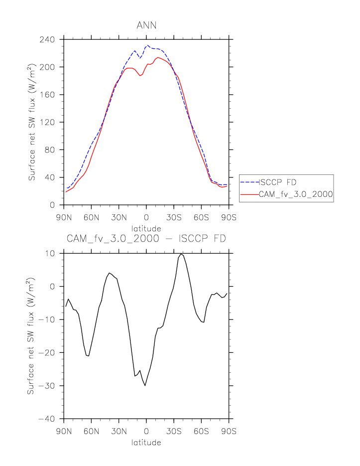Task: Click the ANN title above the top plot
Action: click(146, 25)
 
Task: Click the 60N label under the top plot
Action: click(91, 218)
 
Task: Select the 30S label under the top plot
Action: click(174, 218)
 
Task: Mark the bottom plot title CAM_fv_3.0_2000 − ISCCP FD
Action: click(146, 239)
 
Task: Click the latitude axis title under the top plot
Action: click(146, 228)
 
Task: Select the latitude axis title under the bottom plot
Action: click(146, 442)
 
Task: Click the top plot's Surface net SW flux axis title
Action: click(31, 122)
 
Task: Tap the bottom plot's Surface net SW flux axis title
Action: click(31, 336)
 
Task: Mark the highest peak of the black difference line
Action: click(182, 254)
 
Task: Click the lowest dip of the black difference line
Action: click(145, 386)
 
